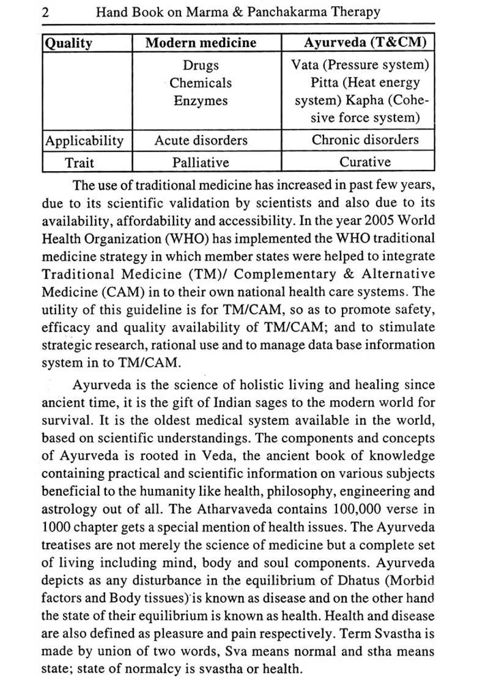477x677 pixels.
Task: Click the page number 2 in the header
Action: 46,12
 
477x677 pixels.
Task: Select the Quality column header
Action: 68,43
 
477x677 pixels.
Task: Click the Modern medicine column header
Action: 201,43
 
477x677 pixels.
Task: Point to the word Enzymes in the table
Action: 201,101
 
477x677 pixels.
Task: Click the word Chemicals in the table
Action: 201,82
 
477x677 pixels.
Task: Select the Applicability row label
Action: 84,141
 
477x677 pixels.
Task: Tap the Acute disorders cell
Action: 201,141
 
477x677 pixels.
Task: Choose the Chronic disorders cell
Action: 365,140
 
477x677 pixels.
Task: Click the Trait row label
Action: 84,163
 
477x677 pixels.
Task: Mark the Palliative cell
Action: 201,163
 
